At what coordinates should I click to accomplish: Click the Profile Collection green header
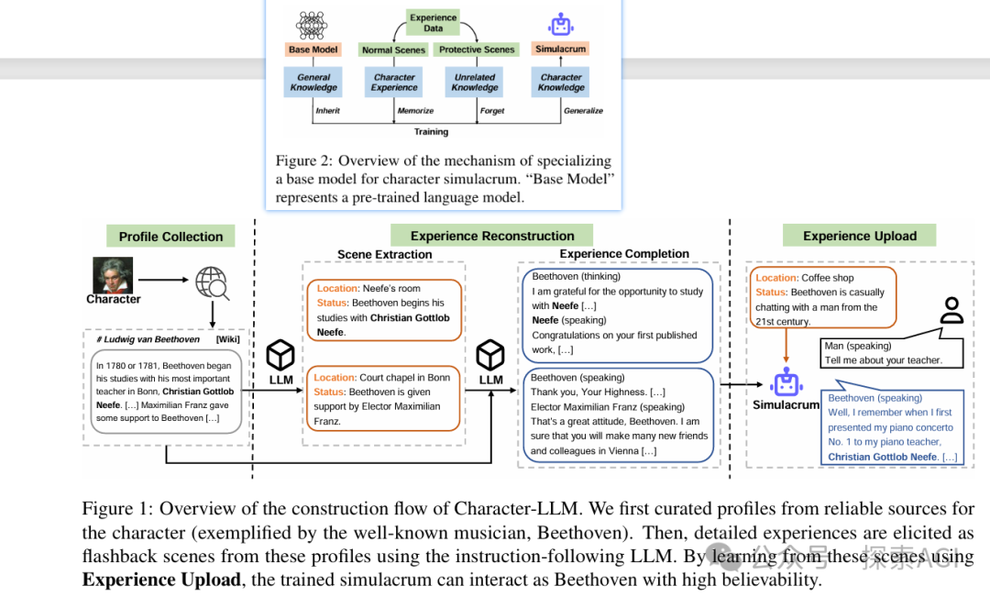[170, 237]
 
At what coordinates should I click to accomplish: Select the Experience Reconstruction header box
[492, 236]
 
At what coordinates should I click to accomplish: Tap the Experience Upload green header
[859, 236]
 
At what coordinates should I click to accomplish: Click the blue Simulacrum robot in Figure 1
[786, 382]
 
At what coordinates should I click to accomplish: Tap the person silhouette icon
[952, 311]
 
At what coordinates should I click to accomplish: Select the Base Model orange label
[313, 50]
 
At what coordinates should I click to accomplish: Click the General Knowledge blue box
[313, 83]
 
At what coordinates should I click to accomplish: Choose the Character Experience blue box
[394, 83]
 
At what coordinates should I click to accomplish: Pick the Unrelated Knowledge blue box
[475, 83]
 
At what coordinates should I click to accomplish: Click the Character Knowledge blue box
[561, 83]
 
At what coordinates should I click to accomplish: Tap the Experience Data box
[434, 22]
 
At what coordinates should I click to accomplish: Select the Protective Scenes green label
[477, 50]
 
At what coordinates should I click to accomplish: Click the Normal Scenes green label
[394, 50]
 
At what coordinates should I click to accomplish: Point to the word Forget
[492, 111]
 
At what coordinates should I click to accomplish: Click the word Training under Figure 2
[431, 132]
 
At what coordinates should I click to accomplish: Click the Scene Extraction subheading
[384, 254]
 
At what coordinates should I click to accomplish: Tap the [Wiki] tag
[227, 339]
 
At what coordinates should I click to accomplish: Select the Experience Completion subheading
[624, 254]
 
